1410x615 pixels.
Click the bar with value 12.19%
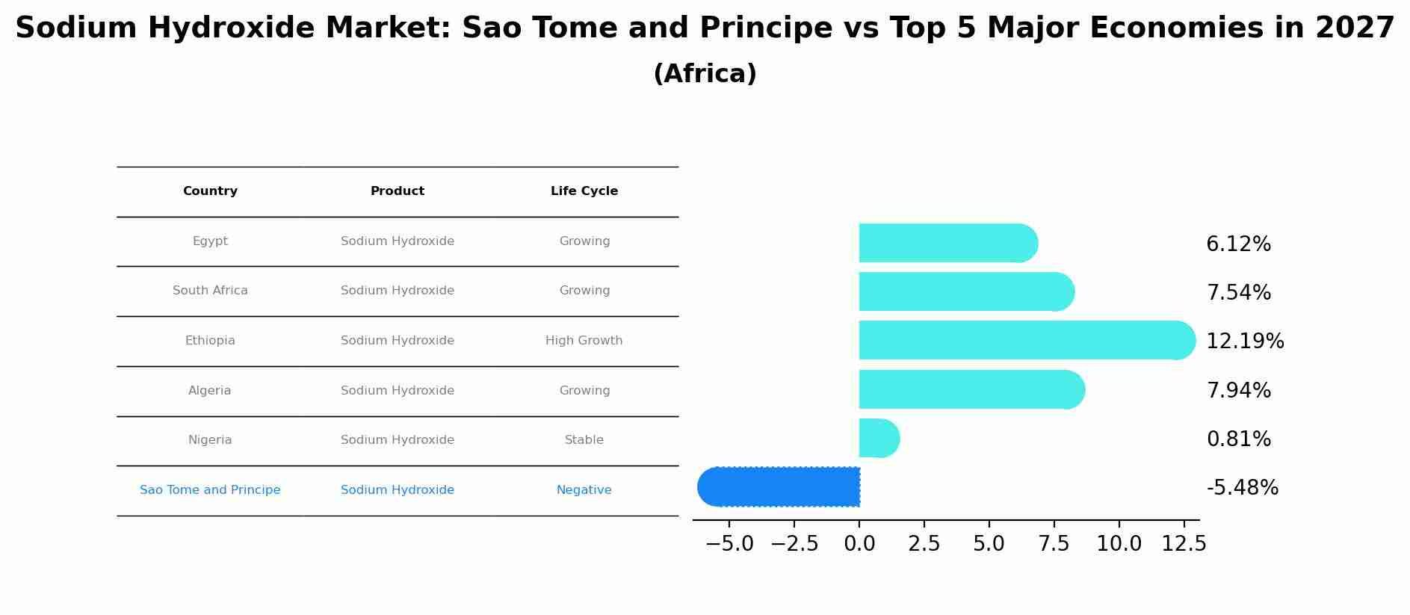[1024, 341]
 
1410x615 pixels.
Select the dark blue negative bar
[781, 487]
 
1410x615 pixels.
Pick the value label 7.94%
[1238, 391]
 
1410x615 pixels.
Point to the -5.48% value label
[1242, 488]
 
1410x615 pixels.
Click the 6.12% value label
[1238, 244]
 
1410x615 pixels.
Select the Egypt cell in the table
[210, 241]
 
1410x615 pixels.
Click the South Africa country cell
[210, 291]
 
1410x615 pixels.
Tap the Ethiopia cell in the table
[210, 341]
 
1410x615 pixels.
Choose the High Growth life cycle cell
[584, 341]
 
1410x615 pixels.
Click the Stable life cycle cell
[584, 440]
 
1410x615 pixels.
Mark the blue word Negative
[584, 490]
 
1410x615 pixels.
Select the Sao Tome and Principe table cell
[210, 490]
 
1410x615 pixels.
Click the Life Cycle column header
[584, 191]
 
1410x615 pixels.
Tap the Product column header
[397, 191]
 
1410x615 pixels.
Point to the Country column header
[210, 191]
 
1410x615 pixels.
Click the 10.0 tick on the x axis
[1119, 544]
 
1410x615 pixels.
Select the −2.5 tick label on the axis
[794, 544]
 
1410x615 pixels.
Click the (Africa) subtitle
[705, 74]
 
